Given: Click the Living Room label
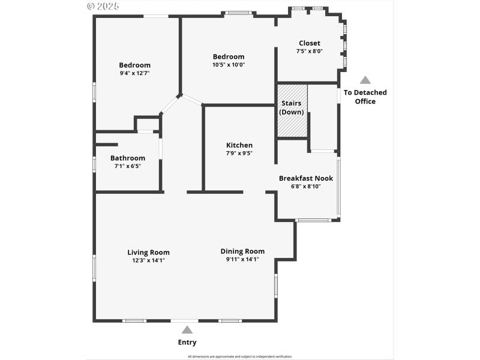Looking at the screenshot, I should [148, 252].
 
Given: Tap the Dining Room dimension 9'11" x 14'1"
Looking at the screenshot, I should [242, 260].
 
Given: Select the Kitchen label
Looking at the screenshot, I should [239, 145].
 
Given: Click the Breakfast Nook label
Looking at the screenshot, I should [305, 178].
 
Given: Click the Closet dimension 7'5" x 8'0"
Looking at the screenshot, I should [309, 52].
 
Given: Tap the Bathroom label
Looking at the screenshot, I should [127, 158].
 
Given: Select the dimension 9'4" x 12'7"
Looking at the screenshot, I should [134, 73].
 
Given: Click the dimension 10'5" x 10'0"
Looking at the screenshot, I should [229, 65].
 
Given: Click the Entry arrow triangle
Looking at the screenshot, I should [187, 329].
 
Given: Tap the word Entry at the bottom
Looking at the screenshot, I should [187, 343].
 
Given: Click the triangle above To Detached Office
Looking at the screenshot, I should [365, 80].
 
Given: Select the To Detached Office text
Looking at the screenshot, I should [365, 97].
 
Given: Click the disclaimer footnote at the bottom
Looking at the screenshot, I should [240, 356].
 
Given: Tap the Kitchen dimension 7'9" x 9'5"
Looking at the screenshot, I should [239, 153].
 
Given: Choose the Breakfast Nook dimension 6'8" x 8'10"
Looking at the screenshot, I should [305, 186].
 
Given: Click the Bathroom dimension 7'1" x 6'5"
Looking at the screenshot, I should [127, 166].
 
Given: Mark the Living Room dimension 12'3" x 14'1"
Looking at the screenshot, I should [148, 260].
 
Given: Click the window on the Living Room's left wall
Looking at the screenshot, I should [94, 267].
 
